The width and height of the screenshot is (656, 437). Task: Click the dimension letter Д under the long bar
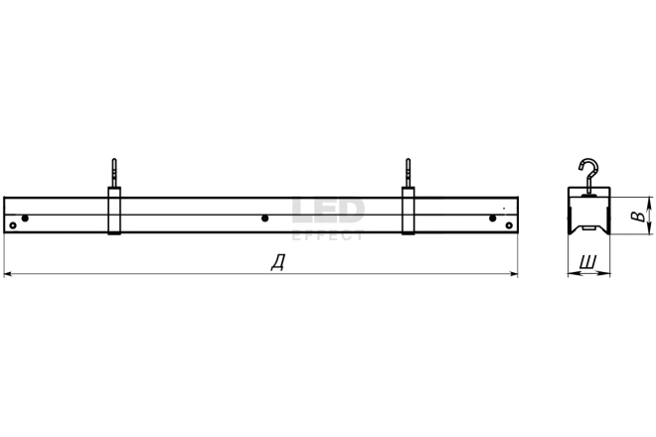(x=277, y=262)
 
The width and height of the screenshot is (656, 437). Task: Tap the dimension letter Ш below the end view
(x=587, y=262)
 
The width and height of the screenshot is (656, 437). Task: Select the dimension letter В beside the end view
(x=638, y=217)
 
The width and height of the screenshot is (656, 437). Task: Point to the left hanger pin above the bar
(x=114, y=172)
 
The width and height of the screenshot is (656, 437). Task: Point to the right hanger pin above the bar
(x=408, y=172)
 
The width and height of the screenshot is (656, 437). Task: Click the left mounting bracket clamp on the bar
(x=114, y=211)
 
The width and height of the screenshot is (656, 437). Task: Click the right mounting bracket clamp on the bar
(x=409, y=211)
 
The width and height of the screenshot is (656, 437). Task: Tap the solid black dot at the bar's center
(x=264, y=218)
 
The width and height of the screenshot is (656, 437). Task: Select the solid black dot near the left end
(x=25, y=218)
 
